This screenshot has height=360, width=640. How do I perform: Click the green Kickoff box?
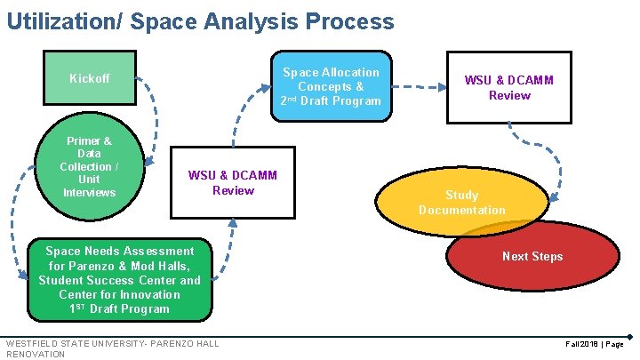90,79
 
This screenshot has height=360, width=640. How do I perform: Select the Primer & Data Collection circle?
89,166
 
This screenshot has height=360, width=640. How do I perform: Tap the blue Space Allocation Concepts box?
331,86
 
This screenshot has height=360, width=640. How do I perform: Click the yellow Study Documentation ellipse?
461,203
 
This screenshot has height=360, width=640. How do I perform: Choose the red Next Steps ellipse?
532,257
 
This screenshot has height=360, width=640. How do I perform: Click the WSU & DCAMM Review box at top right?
508,87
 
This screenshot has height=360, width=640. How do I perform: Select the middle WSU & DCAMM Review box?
232,182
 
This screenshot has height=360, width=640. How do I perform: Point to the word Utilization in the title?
59,21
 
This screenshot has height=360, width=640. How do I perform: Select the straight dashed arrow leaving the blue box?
419,87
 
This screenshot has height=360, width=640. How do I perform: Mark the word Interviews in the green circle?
89,193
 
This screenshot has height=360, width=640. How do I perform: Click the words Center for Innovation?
119,294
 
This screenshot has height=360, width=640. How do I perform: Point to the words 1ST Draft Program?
119,309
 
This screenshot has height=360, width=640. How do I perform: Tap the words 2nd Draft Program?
331,101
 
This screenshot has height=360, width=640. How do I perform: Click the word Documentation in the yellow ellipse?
461,211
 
